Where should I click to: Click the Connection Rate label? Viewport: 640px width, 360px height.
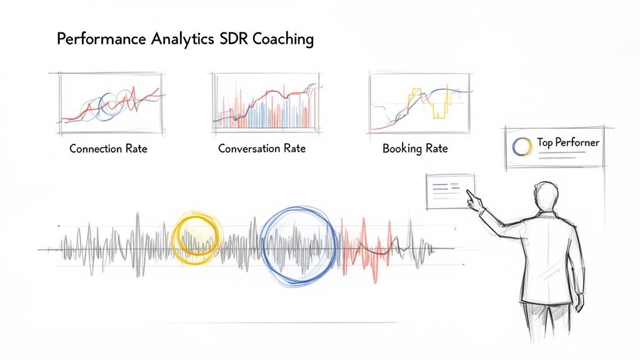(x=108, y=149)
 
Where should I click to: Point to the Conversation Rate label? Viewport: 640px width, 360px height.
(x=262, y=149)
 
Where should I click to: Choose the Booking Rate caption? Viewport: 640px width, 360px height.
(x=415, y=149)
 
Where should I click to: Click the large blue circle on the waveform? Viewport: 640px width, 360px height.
(x=298, y=244)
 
